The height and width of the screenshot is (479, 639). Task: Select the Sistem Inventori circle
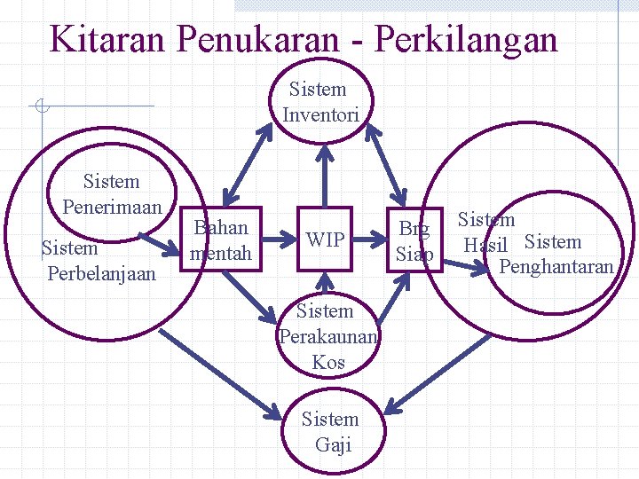tap(321, 102)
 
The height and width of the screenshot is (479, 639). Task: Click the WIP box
tap(325, 239)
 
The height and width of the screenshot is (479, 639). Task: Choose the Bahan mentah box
tap(221, 240)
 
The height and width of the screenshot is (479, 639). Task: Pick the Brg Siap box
tap(414, 240)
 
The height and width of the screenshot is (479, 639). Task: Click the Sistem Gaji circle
tap(330, 431)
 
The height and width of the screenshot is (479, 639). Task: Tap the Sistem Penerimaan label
tap(112, 194)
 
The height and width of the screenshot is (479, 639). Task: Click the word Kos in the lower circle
tap(328, 362)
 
